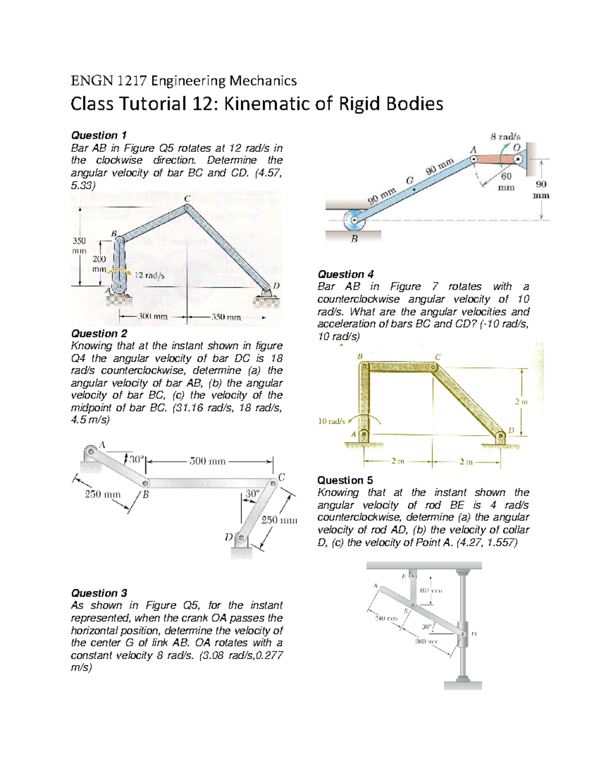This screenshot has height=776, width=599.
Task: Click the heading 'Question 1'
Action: [x=98, y=135]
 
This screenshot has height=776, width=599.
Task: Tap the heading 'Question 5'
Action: [x=345, y=480]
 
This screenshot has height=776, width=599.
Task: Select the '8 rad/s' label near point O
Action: [x=505, y=136]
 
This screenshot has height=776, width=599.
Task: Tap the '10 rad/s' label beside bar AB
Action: [x=331, y=421]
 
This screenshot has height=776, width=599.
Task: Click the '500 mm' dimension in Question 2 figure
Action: [x=207, y=461]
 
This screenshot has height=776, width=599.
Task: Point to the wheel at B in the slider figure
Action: [x=355, y=219]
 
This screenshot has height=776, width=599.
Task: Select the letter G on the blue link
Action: [x=409, y=181]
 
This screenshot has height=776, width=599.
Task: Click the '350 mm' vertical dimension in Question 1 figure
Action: [x=79, y=245]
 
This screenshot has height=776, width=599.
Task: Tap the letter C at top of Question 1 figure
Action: [x=187, y=199]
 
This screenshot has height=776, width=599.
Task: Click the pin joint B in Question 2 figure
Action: [x=145, y=484]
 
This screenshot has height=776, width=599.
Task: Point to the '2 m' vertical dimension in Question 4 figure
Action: [x=521, y=402]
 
